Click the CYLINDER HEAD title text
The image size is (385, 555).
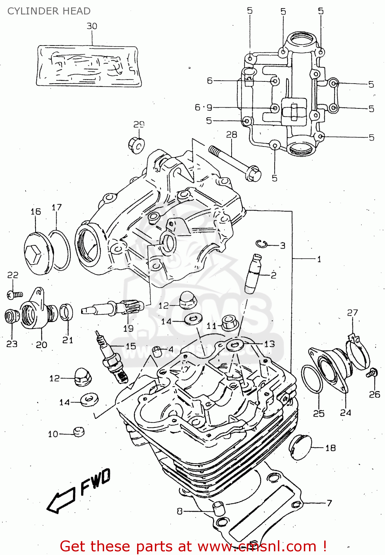tap(49, 11)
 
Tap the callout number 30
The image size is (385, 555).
tap(92, 26)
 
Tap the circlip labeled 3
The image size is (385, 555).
tap(262, 244)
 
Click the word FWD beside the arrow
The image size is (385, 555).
tap(95, 482)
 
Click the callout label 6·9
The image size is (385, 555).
tap(203, 108)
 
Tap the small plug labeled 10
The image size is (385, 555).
tap(79, 432)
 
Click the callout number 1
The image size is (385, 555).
tap(319, 259)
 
